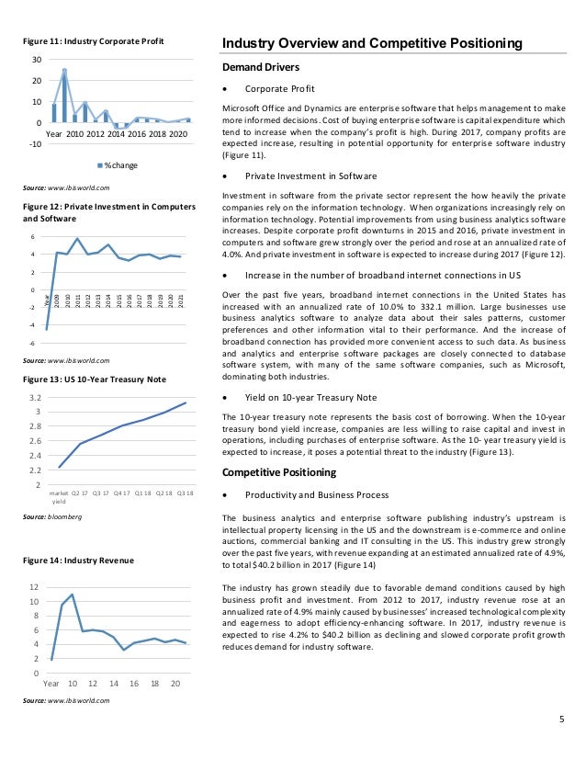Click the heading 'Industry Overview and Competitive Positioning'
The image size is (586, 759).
[x=373, y=43]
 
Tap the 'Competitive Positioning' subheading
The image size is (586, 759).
[x=281, y=472]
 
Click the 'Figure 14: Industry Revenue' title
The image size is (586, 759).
[x=78, y=560]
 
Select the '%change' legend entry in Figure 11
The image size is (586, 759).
[x=118, y=164]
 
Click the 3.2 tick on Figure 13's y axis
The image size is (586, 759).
[x=35, y=397]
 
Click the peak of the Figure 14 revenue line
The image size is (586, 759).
[x=72, y=595]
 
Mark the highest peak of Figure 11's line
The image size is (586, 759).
[x=64, y=69]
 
